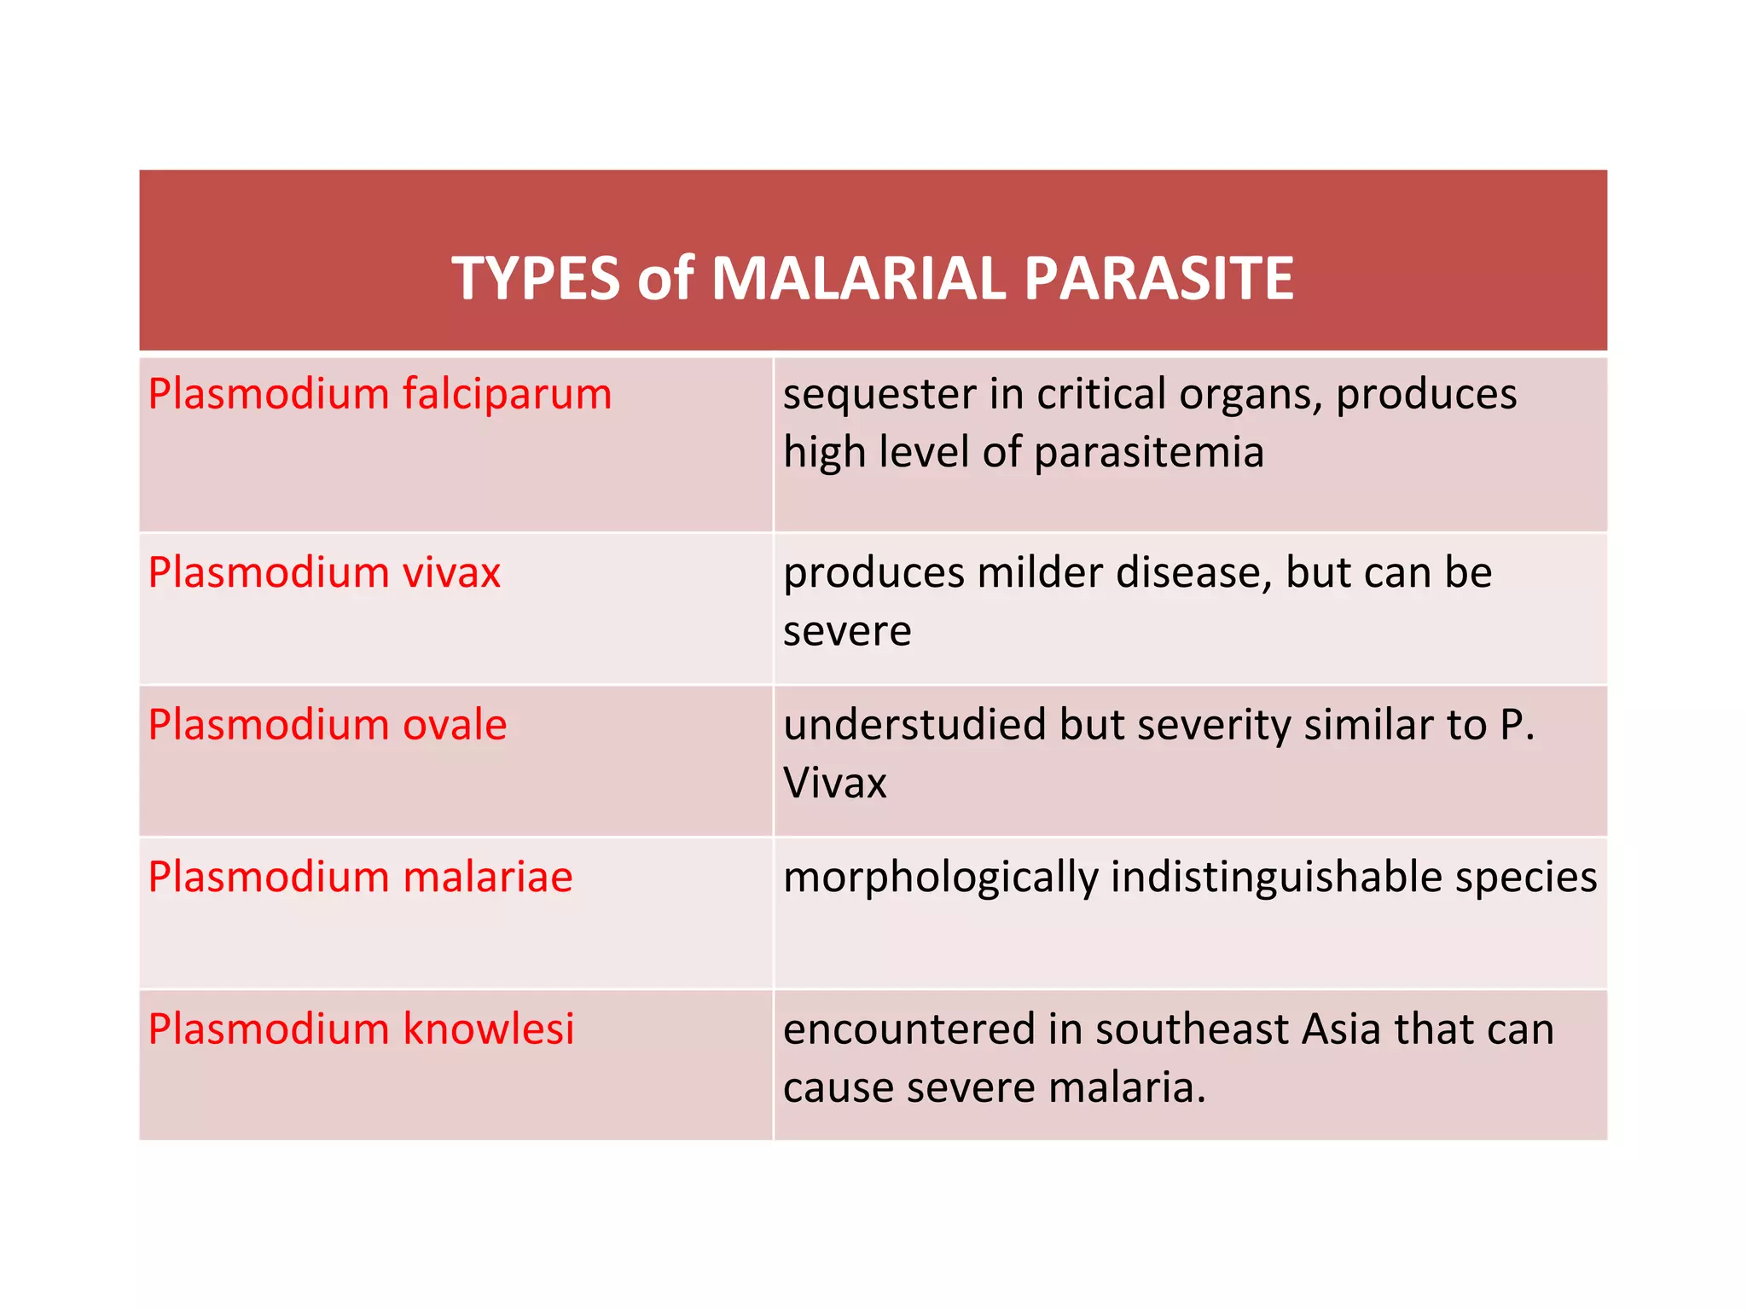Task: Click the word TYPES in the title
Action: [535, 279]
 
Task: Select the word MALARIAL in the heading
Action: [858, 279]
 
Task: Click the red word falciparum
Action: [507, 395]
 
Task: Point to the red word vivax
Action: [451, 572]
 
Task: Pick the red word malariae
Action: [487, 878]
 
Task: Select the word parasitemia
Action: [1148, 453]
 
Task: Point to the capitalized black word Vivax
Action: [834, 783]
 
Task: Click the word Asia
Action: [1341, 1029]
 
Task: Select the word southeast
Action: [1192, 1029]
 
